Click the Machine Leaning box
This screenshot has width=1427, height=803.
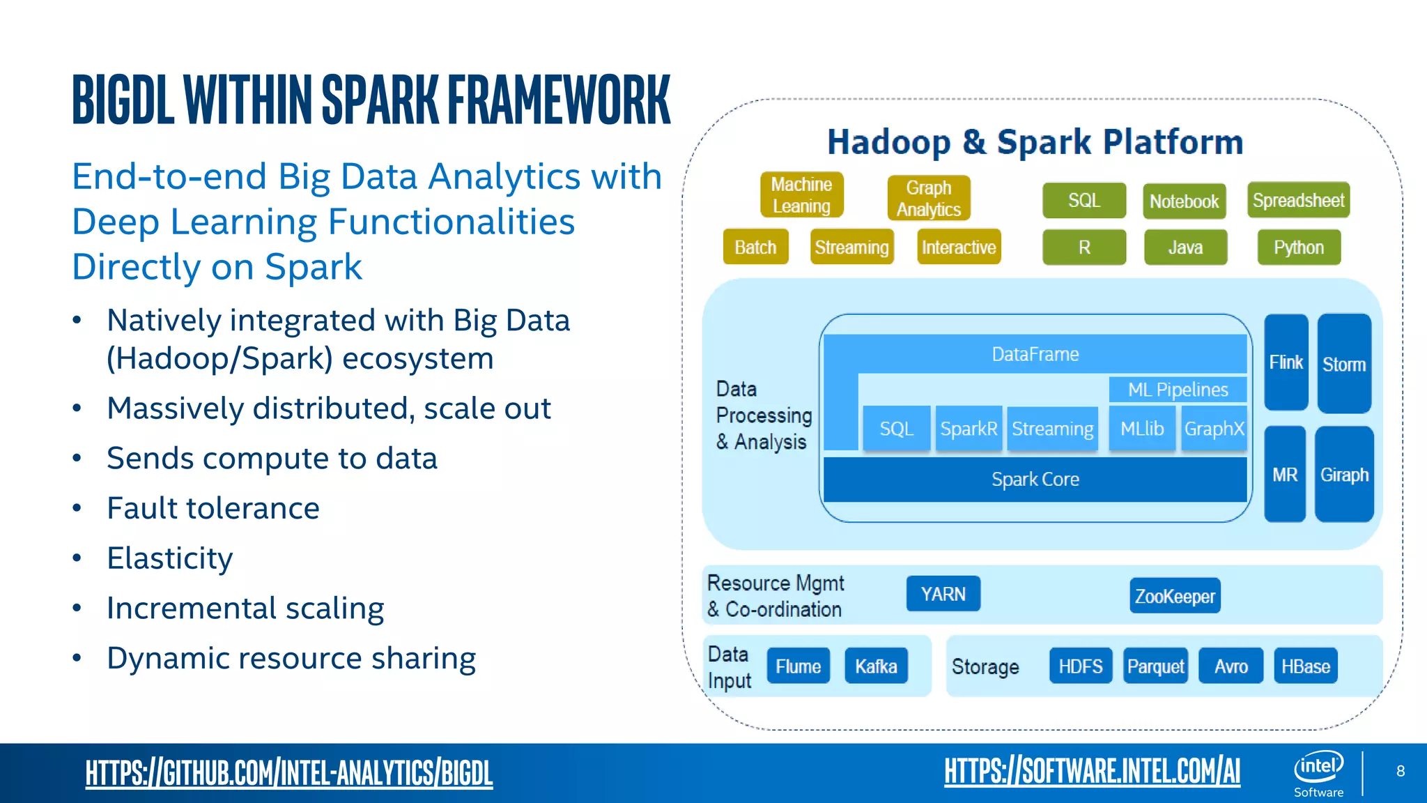(801, 195)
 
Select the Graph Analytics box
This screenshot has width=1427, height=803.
(928, 198)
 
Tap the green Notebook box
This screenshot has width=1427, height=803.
(1184, 201)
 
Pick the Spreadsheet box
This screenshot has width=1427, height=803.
(1298, 201)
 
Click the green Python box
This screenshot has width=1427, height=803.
(1298, 247)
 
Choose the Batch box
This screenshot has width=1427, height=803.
(755, 247)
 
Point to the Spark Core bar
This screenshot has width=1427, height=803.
(1035, 480)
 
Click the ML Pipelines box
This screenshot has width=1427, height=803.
(1178, 390)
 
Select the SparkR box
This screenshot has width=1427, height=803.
(969, 429)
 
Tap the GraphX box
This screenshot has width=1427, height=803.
(1214, 429)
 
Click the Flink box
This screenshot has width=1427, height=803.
(1286, 362)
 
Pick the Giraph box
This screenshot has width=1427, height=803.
(1344, 475)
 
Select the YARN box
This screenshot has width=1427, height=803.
(943, 594)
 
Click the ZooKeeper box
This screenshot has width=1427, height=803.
(1175, 596)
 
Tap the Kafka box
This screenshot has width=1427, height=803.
(876, 666)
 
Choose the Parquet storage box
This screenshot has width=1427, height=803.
(1155, 666)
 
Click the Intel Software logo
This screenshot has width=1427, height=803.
(1318, 773)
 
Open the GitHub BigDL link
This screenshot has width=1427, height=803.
(289, 773)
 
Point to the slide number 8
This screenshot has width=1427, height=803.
(1401, 771)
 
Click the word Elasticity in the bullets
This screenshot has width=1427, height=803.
(170, 558)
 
